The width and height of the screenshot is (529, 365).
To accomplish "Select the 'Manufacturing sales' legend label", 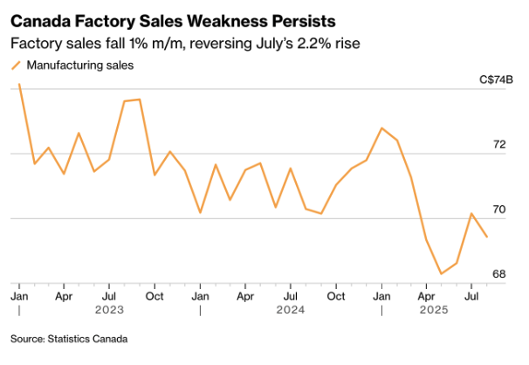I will (x=80, y=65).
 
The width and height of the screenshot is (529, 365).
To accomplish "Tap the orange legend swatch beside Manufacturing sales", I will (x=16, y=65).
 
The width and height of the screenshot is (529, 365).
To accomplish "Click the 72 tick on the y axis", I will (x=499, y=144).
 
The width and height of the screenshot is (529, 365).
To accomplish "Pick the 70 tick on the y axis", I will (x=499, y=210).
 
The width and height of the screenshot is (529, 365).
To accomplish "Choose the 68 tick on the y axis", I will (x=499, y=274).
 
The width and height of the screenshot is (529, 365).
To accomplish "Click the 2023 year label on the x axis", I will (x=109, y=309).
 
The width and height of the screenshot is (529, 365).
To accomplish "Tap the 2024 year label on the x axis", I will (x=291, y=309).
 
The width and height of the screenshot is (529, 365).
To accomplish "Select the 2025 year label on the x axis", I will (x=434, y=309).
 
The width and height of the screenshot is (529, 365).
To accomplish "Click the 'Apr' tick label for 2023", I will (x=64, y=295).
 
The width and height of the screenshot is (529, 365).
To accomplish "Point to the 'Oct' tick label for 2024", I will (x=336, y=295).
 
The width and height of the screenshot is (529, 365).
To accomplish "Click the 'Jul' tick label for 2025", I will (x=472, y=295).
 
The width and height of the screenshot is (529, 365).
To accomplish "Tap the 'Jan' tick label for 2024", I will (x=200, y=295).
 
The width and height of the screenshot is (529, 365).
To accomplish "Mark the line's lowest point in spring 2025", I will (x=442, y=274).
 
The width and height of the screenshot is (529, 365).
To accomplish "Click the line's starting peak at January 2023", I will (x=19, y=84).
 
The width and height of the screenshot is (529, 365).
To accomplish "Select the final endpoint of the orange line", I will (x=487, y=237).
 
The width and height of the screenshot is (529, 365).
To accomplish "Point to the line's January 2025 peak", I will (x=381, y=127).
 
